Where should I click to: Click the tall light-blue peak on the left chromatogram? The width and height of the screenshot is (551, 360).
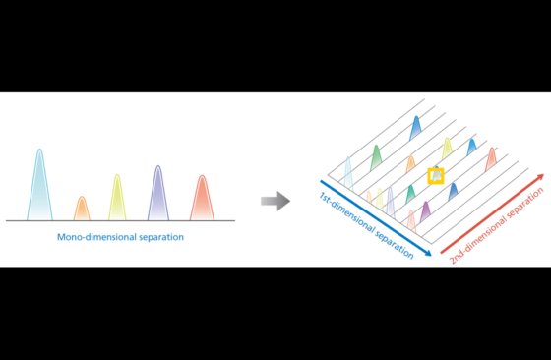point(39,185)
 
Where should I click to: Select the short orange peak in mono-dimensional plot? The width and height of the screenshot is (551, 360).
point(82,209)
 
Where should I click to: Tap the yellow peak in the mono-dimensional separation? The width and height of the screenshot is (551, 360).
point(117,198)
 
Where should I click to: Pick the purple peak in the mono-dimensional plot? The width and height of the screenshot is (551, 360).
point(158,193)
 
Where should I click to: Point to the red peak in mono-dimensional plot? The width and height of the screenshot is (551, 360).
point(202,198)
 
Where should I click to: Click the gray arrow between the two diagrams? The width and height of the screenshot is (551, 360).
point(275,201)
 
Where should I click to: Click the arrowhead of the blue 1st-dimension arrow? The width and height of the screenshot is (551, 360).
point(428,253)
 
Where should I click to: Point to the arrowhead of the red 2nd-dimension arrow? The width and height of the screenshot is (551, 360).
point(539,177)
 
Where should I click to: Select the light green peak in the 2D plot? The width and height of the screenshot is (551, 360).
point(376,157)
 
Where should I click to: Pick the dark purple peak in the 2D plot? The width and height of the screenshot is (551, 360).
point(425,211)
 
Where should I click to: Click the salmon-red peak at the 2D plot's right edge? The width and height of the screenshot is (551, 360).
point(491,159)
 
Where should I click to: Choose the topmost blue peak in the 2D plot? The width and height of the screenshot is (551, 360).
point(415,128)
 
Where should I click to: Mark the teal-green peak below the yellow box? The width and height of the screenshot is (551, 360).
point(410,194)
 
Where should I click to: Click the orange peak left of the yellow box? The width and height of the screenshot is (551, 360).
point(411,164)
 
